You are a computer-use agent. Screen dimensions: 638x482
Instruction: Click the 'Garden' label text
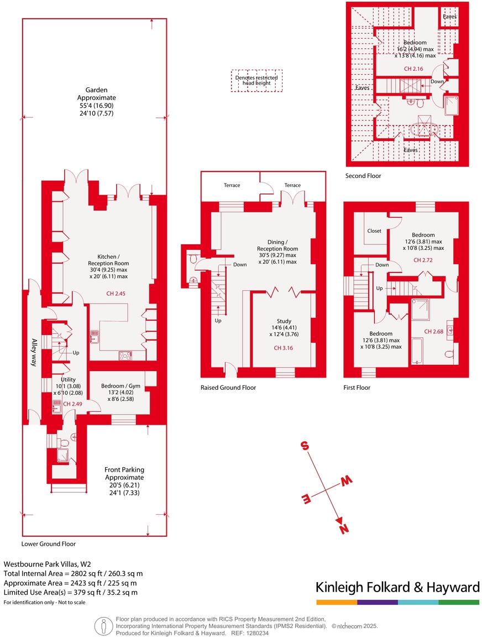[96, 90]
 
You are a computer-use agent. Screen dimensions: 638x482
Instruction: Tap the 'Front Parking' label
[124, 470]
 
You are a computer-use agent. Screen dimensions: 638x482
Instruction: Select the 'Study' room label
[284, 321]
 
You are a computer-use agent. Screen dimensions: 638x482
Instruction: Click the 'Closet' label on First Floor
[374, 231]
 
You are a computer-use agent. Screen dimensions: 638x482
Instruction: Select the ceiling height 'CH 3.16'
[284, 348]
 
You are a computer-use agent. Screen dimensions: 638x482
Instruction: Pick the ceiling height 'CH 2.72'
[423, 259]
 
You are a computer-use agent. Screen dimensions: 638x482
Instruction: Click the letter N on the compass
[344, 529]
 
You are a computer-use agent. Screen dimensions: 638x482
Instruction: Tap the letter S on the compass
[304, 446]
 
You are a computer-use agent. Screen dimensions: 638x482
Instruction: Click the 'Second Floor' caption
[363, 176]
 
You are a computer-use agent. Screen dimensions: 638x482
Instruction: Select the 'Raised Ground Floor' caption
[228, 388]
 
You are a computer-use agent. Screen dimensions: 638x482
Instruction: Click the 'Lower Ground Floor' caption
[49, 543]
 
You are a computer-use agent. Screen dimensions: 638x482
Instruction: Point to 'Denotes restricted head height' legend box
[256, 81]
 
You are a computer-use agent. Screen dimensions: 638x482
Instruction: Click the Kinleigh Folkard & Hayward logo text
[397, 587]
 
